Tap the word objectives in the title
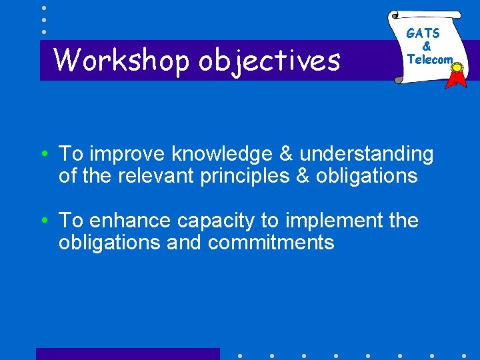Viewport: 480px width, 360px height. tap(269, 60)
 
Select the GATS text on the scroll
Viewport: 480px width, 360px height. tap(423, 33)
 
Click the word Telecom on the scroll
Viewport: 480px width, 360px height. tap(429, 59)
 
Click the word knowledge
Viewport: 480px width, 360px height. tap(219, 154)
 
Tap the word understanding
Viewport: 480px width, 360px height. tap(366, 154)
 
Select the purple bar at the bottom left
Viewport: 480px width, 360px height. tap(127, 354)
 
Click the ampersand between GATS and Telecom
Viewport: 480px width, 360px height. tap(427, 47)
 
